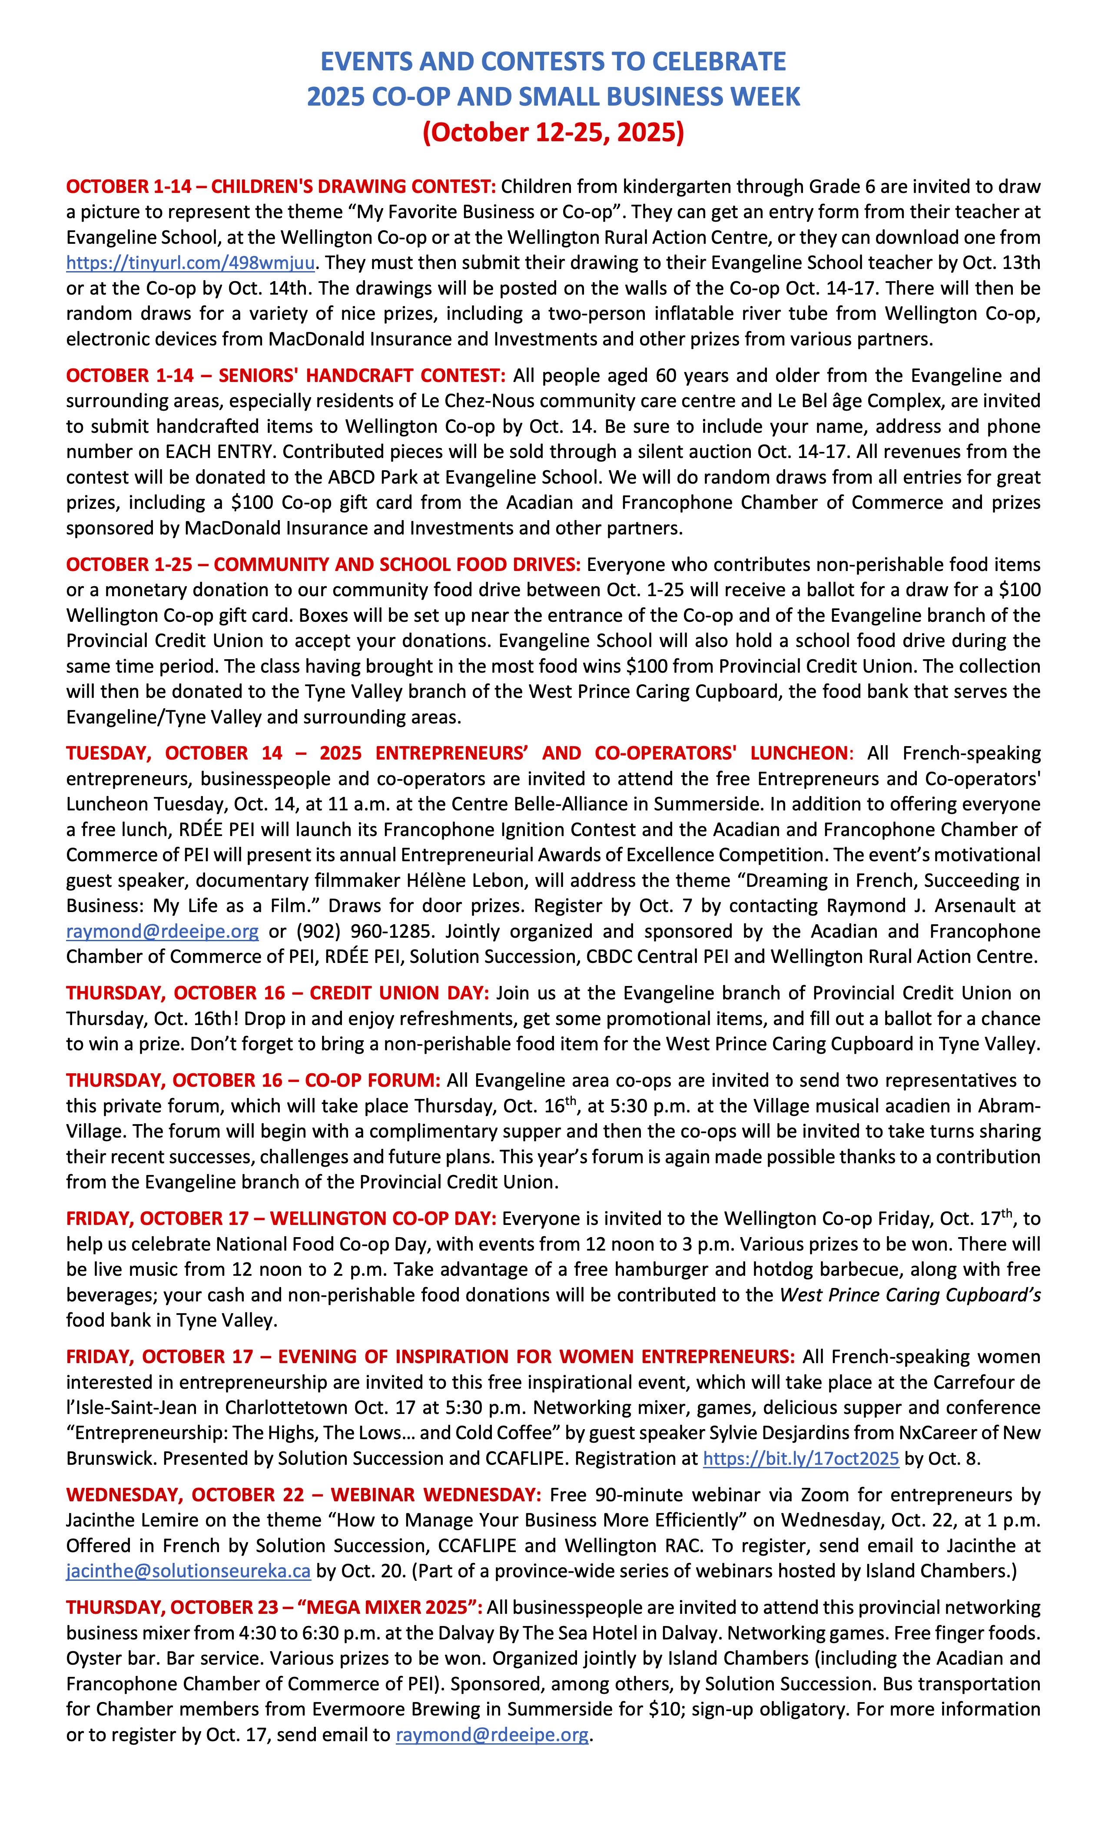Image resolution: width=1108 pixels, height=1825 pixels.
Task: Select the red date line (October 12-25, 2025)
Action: [553, 132]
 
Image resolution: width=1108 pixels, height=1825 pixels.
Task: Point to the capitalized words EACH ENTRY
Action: [220, 452]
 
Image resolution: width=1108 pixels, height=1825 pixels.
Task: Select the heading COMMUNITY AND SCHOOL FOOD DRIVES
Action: [397, 564]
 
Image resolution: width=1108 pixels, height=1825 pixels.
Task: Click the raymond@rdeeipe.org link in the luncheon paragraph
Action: [162, 931]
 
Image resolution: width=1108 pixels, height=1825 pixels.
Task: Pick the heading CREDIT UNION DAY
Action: [399, 993]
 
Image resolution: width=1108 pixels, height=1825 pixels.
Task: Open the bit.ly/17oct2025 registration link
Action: [801, 1458]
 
